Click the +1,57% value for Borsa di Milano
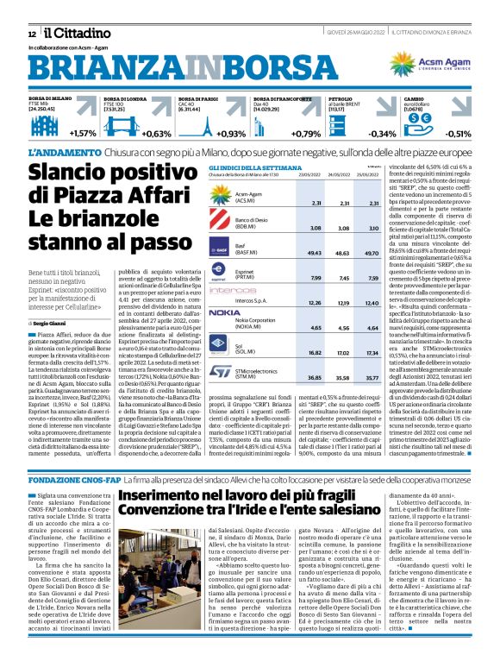(84, 134)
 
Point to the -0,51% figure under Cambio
(457, 134)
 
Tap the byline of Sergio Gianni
(49, 298)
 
